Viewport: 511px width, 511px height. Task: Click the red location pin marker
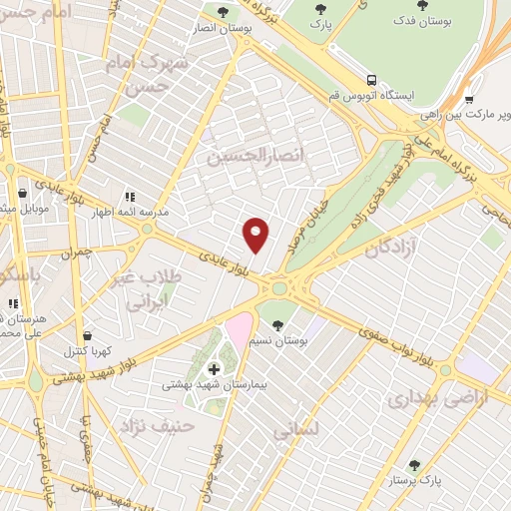pyautogui.click(x=256, y=236)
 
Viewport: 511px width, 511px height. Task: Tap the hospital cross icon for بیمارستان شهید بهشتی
pyautogui.click(x=213, y=370)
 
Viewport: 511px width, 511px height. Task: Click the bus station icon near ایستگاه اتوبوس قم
pyautogui.click(x=371, y=80)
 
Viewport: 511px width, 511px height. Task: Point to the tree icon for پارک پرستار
pyautogui.click(x=414, y=465)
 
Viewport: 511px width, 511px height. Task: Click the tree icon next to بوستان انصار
pyautogui.click(x=222, y=13)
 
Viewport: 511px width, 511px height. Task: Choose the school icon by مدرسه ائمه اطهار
pyautogui.click(x=129, y=198)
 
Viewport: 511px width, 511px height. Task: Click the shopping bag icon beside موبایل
pyautogui.click(x=23, y=195)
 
